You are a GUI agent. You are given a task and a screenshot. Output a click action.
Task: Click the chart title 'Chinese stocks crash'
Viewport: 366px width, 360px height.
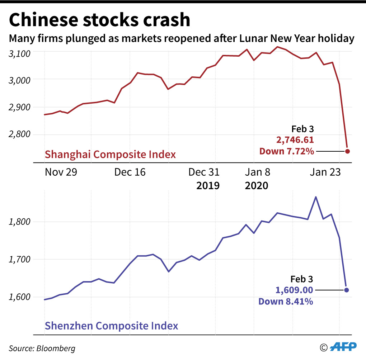tap(99, 20)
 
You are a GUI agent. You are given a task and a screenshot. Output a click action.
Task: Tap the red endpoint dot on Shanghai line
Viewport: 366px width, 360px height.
tap(347, 151)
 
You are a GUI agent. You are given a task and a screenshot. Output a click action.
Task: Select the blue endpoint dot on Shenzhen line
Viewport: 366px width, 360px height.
tap(346, 290)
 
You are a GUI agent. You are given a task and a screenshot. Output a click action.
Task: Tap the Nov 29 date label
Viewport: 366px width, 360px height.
tap(61, 172)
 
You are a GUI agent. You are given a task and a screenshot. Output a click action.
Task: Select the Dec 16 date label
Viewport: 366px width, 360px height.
tap(130, 172)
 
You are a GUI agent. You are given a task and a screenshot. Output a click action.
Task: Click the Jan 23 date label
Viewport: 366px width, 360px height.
tap(324, 172)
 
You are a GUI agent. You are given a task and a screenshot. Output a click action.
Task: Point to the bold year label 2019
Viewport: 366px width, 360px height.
tap(208, 186)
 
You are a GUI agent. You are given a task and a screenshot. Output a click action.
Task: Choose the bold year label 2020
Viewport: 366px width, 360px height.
tap(256, 186)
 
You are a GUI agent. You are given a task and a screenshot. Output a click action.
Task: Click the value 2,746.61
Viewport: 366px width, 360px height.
tap(295, 140)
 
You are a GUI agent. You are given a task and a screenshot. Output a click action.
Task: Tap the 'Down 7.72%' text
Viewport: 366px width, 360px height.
tap(287, 151)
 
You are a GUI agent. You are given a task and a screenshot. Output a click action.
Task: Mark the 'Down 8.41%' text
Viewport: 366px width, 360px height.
tap(286, 301)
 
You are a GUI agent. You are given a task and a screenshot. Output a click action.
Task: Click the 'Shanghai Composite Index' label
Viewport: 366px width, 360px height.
tap(110, 155)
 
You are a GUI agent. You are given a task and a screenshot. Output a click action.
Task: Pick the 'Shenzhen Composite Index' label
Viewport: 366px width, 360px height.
tap(111, 326)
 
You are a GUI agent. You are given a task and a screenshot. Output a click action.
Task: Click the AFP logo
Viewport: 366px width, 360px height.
tap(343, 347)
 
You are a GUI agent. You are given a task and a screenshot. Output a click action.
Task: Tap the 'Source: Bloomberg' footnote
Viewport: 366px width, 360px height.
tap(42, 348)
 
